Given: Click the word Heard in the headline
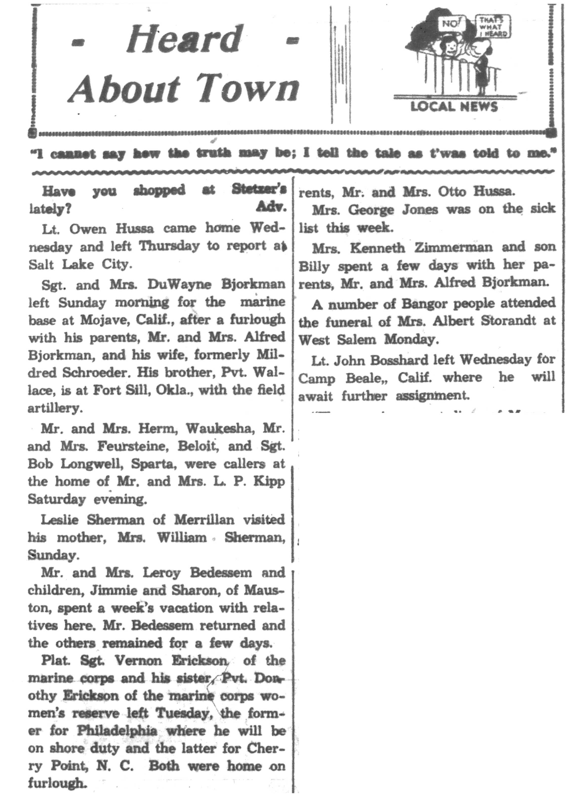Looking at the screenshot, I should [x=184, y=40].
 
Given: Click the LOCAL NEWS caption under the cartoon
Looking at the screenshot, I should [x=454, y=106].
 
